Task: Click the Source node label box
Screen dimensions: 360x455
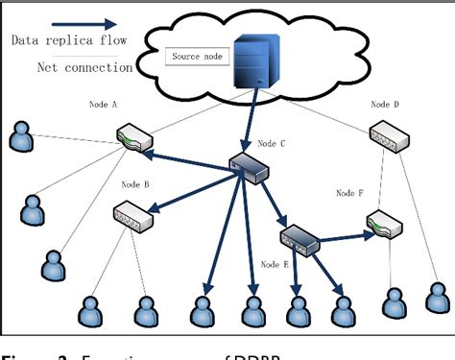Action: tap(196, 58)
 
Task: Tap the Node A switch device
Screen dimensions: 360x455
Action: tap(131, 139)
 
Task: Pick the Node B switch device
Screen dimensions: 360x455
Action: tap(132, 212)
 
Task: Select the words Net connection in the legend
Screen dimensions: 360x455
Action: tap(84, 67)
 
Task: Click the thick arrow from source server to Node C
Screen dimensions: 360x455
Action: tap(253, 125)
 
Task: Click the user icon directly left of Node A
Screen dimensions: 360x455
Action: tap(20, 138)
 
